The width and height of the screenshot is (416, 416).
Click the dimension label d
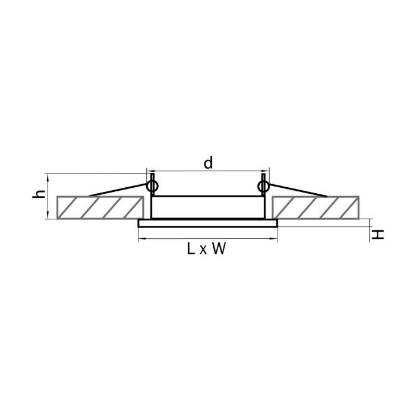point(208,163)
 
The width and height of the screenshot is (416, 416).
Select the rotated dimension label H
point(377,235)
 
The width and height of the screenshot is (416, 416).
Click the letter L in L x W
point(191,249)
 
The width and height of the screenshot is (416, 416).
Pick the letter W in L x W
point(219,249)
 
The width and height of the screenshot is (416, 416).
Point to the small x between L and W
point(203,251)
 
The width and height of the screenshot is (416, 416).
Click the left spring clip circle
point(152,186)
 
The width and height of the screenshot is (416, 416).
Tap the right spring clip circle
point(263,186)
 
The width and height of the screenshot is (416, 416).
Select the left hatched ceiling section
point(100,207)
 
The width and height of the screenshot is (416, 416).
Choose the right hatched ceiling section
point(316,207)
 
